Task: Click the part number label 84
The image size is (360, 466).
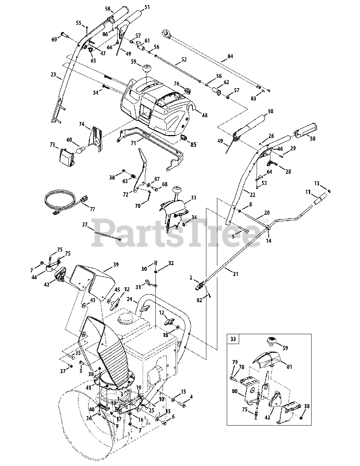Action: point(230,56)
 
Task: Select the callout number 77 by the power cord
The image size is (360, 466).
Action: point(92,209)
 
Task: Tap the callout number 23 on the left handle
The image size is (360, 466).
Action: point(54,75)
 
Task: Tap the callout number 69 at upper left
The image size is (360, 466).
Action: point(55,39)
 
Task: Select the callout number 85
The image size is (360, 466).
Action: point(193,145)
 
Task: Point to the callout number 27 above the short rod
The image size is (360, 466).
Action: point(85,225)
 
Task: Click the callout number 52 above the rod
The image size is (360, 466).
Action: point(184,59)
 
